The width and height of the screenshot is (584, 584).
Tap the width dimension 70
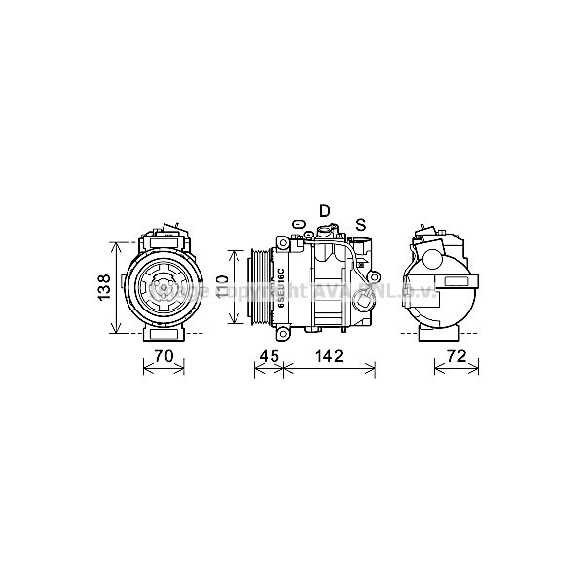click(164, 356)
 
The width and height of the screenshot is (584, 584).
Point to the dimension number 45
click(268, 356)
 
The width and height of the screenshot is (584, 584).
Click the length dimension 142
click(329, 356)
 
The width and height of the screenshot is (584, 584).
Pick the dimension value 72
click(456, 356)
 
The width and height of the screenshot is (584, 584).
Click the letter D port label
click(325, 211)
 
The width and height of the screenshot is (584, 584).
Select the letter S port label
click(360, 225)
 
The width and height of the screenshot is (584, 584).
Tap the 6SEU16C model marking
click(281, 288)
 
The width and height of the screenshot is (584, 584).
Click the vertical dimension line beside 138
click(118, 287)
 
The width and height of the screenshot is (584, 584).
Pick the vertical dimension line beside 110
click(233, 288)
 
